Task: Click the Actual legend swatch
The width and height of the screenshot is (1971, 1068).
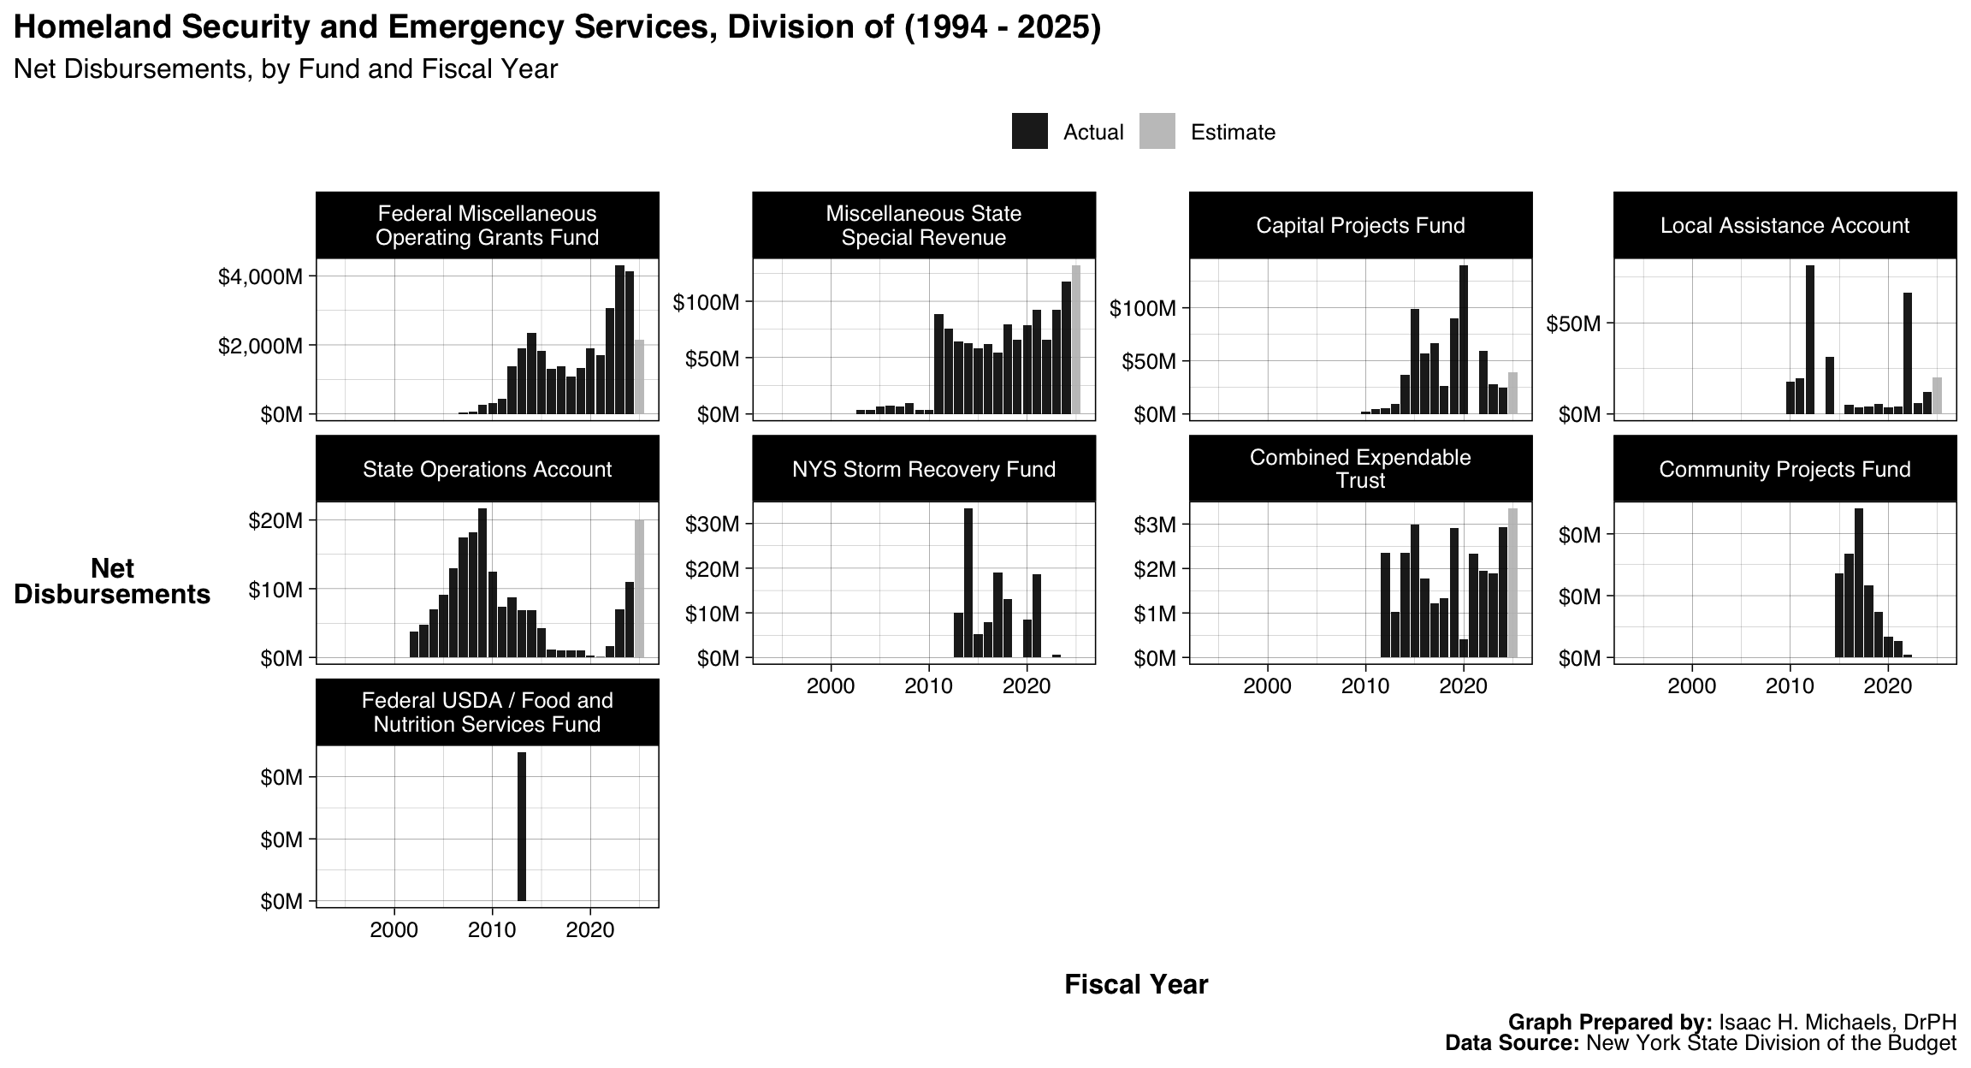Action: (1029, 132)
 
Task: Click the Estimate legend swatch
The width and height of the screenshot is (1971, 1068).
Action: (1157, 132)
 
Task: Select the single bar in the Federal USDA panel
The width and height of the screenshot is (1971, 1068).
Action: (522, 826)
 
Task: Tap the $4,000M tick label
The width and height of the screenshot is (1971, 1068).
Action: (260, 276)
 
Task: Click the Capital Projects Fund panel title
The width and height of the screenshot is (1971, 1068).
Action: (1360, 225)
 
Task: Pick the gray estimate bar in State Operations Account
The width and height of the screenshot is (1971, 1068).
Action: (639, 589)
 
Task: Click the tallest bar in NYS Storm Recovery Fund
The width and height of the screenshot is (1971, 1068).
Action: (968, 582)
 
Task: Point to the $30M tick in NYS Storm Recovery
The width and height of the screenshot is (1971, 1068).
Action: (712, 524)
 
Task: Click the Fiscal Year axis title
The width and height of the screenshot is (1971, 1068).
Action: (1136, 985)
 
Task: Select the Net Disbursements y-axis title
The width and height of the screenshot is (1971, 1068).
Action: (112, 581)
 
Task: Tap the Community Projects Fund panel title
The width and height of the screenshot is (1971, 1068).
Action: (1785, 469)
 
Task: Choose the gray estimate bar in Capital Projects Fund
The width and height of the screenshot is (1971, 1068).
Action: (1512, 393)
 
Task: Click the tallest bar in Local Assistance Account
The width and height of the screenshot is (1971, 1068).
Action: (1810, 340)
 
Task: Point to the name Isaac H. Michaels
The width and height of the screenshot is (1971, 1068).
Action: (1838, 1023)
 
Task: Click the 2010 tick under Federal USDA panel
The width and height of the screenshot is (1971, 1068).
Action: (492, 930)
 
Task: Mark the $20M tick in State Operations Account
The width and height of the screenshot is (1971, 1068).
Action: (275, 520)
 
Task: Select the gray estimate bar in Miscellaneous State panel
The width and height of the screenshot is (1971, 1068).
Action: (1076, 340)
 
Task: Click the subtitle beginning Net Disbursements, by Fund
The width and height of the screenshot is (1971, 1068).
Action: (286, 69)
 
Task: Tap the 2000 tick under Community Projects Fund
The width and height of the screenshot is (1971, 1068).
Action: (1692, 686)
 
